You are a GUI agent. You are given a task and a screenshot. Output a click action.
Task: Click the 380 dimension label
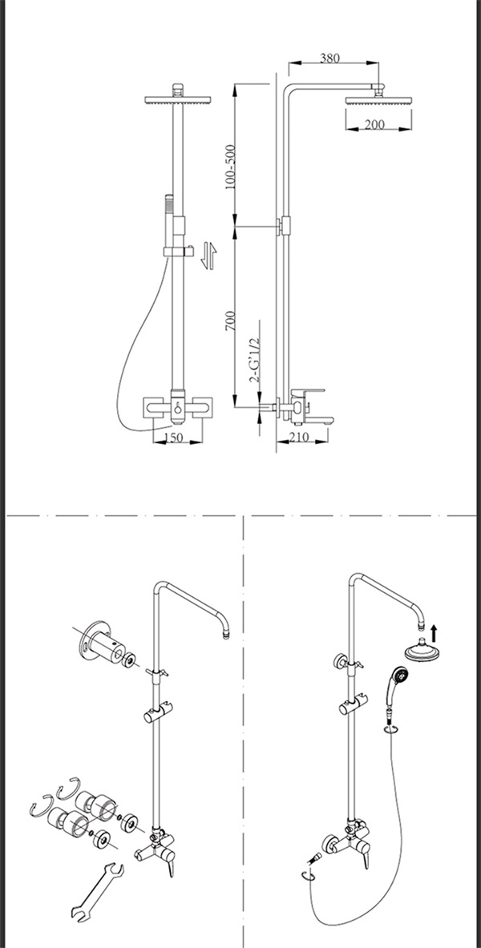[329, 58]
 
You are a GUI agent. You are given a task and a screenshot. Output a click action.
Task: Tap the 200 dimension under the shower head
[374, 124]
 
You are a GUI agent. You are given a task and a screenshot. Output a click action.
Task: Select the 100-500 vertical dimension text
[231, 167]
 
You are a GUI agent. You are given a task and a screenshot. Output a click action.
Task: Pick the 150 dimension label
[174, 438]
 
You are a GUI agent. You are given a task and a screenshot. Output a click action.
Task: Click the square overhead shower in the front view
[176, 100]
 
